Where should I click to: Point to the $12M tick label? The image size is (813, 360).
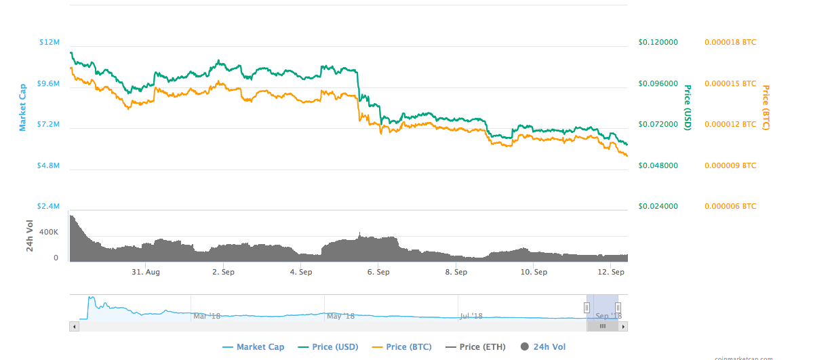coord(49,43)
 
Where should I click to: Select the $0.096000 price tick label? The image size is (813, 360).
coord(658,83)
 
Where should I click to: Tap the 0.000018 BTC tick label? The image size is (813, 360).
coord(730,43)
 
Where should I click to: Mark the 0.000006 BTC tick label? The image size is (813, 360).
coord(730,206)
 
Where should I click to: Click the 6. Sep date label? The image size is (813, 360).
coord(378,273)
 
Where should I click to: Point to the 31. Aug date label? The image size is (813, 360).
coord(146,273)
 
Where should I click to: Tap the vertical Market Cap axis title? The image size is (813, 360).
coord(22,107)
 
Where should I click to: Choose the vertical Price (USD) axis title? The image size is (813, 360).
coord(687,107)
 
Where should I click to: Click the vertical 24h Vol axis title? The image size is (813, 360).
coord(30,236)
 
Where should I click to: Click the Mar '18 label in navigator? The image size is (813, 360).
coord(207,316)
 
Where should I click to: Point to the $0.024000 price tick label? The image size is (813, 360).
coord(658,206)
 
